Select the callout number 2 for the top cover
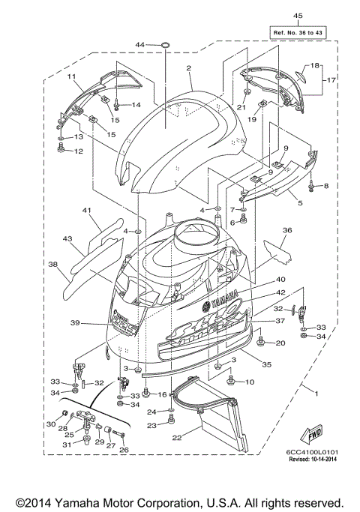[x=190, y=69]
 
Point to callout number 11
[x=72, y=77]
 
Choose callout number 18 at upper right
[x=315, y=66]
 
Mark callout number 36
[x=286, y=231]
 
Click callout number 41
[x=86, y=212]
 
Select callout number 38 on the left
[x=53, y=265]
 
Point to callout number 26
[x=124, y=450]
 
